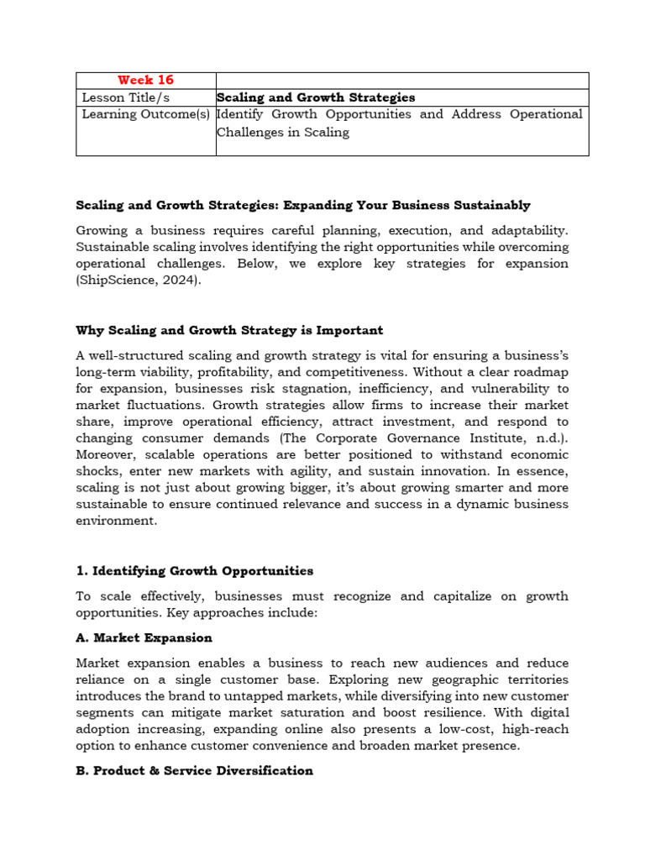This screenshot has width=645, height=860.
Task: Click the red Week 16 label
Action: (146, 80)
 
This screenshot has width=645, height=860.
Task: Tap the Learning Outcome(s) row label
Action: (145, 114)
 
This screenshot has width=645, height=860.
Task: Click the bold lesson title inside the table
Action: (316, 97)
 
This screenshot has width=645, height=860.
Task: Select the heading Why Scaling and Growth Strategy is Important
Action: (229, 330)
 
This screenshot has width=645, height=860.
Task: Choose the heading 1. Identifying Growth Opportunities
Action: (194, 571)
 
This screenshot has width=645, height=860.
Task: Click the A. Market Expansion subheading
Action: (144, 637)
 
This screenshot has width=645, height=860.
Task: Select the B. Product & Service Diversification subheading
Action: (194, 770)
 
